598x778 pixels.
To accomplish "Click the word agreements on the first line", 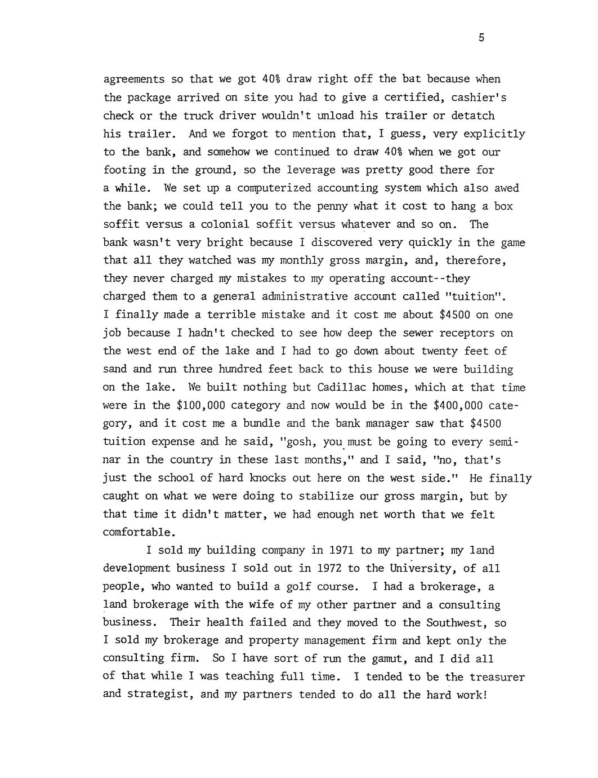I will pos(134,79).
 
